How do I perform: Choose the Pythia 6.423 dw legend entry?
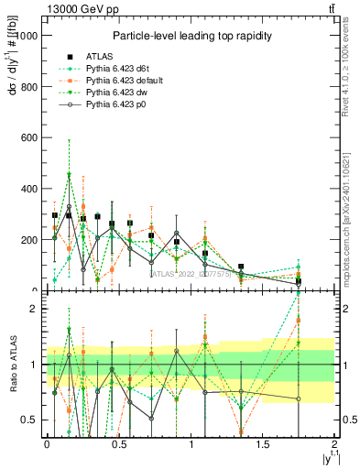tap(115, 93)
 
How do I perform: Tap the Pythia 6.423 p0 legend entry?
tap(115, 105)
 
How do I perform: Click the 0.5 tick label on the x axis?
tap(118, 444)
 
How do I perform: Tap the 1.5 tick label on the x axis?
tap(263, 444)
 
